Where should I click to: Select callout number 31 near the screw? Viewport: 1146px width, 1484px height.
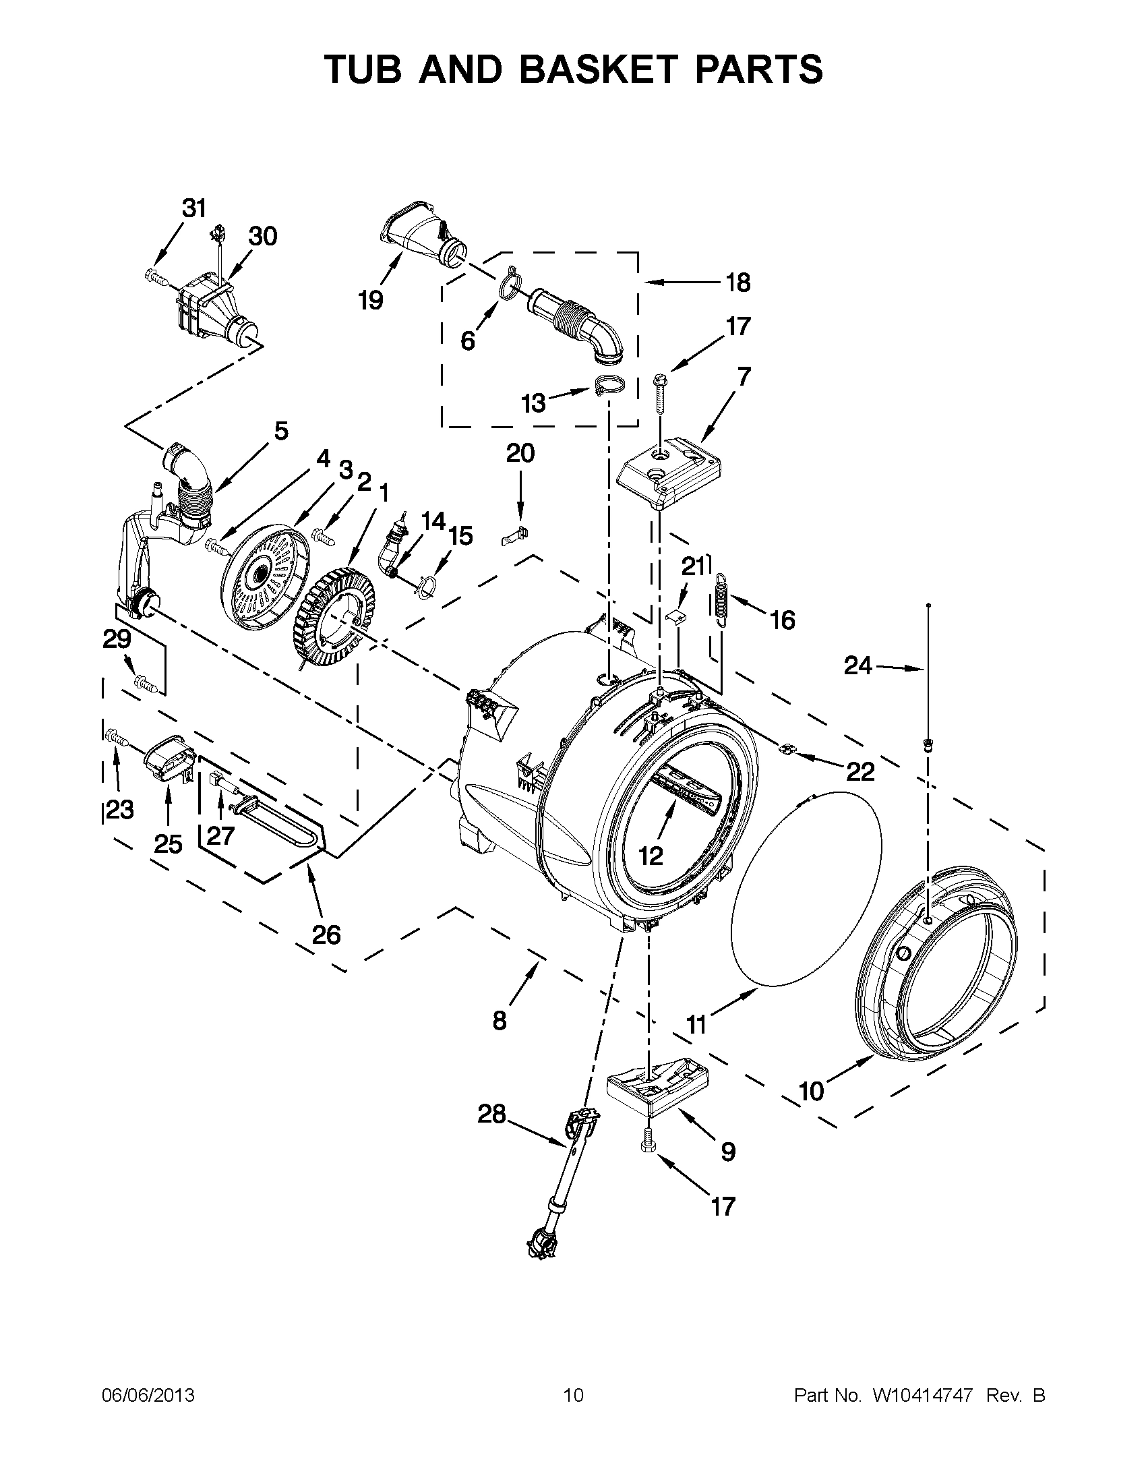coord(194,208)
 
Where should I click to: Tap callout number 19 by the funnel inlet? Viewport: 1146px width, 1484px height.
coord(371,299)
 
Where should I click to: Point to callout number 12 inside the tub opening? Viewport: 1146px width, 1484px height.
coord(650,856)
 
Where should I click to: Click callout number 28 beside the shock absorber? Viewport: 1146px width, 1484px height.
coord(492,1114)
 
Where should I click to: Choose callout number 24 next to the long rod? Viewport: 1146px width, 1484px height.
coord(857,666)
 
